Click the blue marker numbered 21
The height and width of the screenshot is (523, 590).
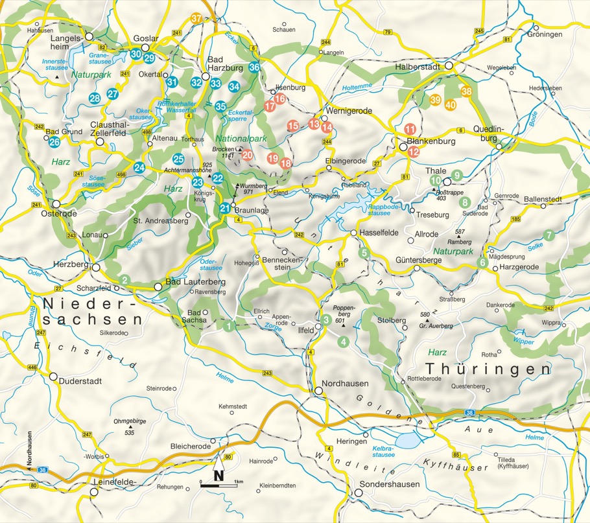click(224, 208)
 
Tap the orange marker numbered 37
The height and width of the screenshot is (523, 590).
click(197, 19)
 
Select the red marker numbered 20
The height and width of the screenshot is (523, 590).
click(247, 154)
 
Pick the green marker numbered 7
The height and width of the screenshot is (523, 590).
click(549, 235)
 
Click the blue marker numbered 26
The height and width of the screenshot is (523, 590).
click(54, 142)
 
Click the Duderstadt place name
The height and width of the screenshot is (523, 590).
click(80, 381)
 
